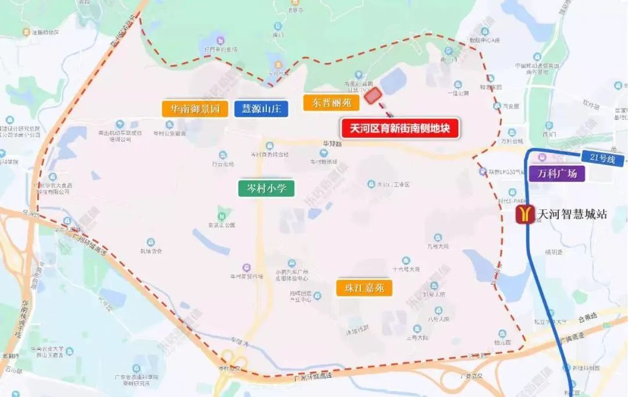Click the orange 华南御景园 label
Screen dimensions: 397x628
point(195,109)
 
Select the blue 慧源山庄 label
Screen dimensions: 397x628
point(261,109)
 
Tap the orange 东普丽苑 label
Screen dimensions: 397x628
point(331,103)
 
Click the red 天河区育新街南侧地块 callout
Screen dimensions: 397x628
point(401,128)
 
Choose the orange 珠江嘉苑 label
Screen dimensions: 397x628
point(364,287)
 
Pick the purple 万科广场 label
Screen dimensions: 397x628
point(556,173)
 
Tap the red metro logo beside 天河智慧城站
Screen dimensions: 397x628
point(525,214)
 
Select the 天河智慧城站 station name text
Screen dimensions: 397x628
point(572,214)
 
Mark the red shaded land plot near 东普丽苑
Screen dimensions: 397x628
point(372,95)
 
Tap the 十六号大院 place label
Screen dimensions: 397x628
point(406,269)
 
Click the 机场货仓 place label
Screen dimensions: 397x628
point(151,251)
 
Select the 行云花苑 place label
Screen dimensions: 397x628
point(223,164)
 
